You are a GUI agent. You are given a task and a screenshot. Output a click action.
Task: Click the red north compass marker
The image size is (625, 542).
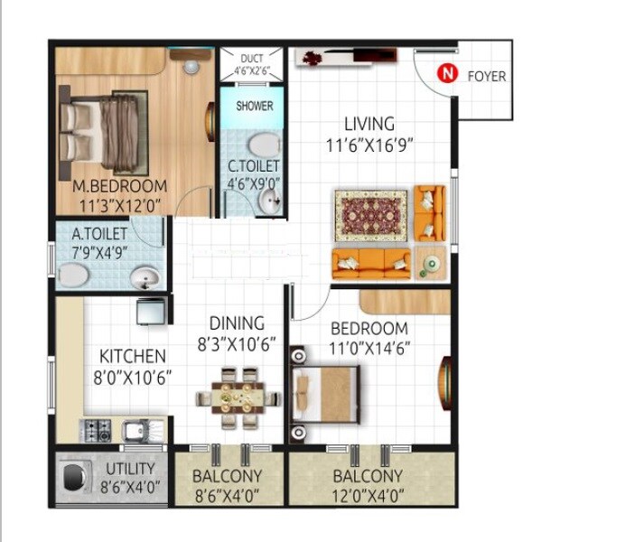pyautogui.click(x=444, y=75)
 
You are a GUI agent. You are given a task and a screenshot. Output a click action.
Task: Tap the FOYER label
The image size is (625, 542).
pyautogui.click(x=486, y=76)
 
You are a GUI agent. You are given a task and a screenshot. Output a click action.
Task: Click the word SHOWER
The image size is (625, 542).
pyautogui.click(x=254, y=106)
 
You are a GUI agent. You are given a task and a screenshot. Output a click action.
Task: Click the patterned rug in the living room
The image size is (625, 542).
pyautogui.click(x=372, y=215)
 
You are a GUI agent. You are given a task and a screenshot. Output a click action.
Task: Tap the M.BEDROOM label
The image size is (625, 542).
pyautogui.click(x=115, y=187)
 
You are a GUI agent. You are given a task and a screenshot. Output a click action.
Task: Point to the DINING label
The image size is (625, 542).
pyautogui.click(x=237, y=322)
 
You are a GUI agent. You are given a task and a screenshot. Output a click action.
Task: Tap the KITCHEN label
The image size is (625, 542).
pyautogui.click(x=132, y=356)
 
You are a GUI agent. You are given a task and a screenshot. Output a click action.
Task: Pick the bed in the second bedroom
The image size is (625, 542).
pyautogui.click(x=327, y=396)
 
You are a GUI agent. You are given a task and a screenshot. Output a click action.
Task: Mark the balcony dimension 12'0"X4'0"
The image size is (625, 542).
pyautogui.click(x=367, y=495)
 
